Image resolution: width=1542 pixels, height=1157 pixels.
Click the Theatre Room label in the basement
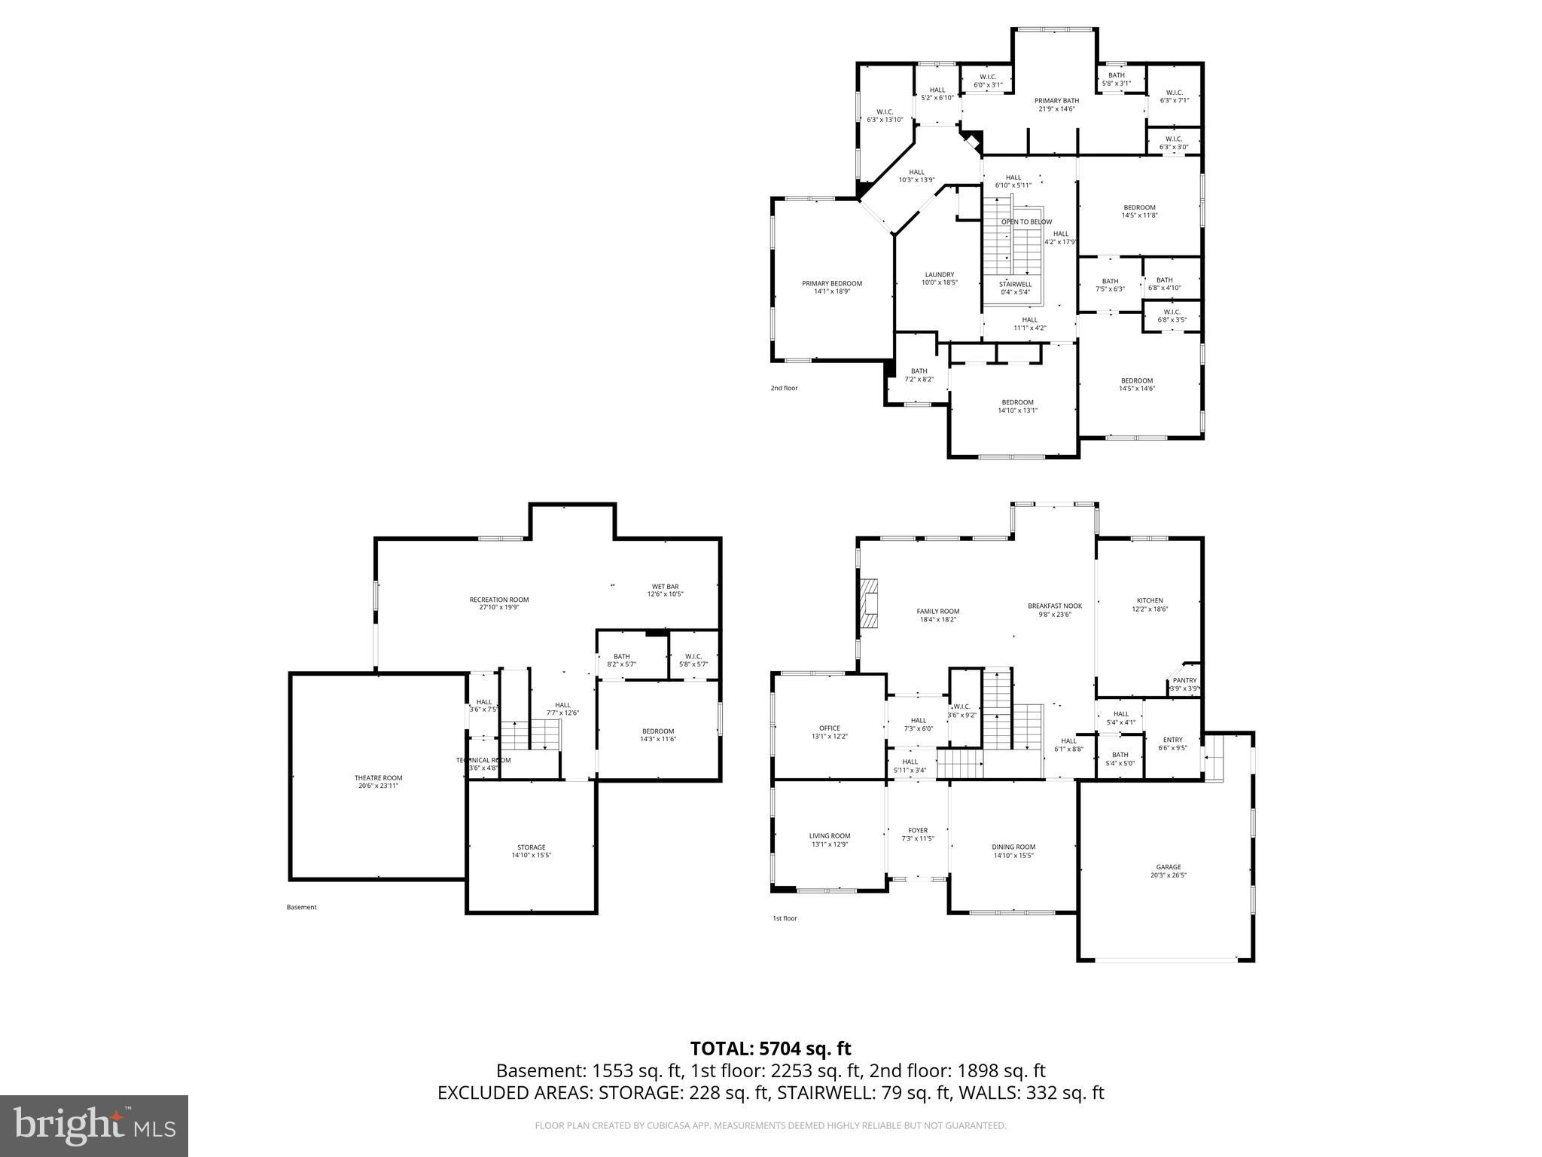pos(378,778)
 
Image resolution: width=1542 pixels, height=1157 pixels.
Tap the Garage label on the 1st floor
pos(1169,867)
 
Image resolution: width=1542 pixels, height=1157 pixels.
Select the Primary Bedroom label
pos(831,284)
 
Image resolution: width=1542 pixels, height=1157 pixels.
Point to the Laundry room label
pos(939,275)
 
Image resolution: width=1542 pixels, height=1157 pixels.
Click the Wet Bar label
pos(665,586)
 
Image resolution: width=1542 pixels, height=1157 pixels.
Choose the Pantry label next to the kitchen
pos(1184,680)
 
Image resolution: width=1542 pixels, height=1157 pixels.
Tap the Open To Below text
pos(1026,222)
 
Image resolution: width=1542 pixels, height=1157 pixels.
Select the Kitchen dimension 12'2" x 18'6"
pos(1150,609)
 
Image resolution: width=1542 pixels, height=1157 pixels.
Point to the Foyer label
pos(918,830)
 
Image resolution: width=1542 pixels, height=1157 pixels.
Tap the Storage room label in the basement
pos(531,847)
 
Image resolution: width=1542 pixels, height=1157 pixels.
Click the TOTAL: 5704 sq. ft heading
pos(770,1049)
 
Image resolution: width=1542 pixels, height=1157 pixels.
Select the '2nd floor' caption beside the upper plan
pos(783,388)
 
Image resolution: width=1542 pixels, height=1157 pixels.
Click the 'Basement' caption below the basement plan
pos(301,907)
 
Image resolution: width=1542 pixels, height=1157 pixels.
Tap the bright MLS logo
pos(94,1126)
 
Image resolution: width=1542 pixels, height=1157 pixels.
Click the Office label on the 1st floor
pos(829,728)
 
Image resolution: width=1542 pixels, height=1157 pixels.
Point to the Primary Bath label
pos(1056,101)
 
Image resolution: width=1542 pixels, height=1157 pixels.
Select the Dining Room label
pos(1013,847)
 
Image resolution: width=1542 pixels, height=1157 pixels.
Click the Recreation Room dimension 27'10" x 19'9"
pos(498,607)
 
